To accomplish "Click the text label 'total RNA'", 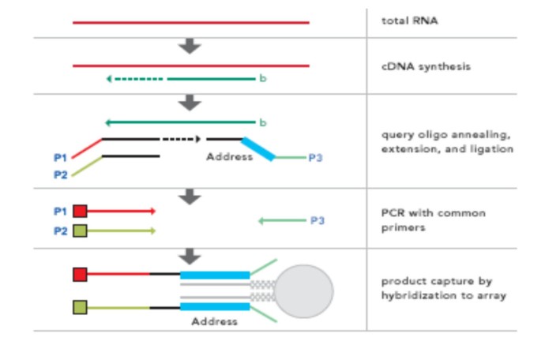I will pos(409,21).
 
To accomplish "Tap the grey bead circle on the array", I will pos(303,291).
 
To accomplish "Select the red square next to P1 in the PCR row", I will pos(80,211).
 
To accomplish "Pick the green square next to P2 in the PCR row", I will pos(80,231).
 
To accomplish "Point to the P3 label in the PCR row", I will pos(317,221).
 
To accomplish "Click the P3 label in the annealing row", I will pos(315,158).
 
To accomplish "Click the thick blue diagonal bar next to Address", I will pos(258,149).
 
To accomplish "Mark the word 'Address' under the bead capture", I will pos(214,321).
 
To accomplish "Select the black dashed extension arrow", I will pos(181,139).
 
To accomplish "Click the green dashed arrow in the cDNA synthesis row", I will pos(134,79).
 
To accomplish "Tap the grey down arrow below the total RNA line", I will pos(190,47).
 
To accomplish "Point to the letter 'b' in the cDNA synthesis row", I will pos(263,79).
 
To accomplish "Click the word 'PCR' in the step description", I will pos(393,213).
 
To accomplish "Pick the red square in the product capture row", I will pos(80,274).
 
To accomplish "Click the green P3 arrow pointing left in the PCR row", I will pos(281,221).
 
